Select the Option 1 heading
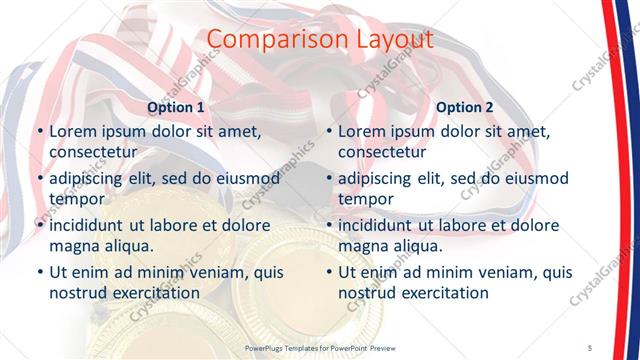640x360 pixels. [x=176, y=107]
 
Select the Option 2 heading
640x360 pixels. [x=465, y=107]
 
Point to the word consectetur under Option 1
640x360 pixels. [x=93, y=152]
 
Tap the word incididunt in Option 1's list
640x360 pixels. [x=91, y=225]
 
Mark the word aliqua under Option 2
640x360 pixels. [x=417, y=246]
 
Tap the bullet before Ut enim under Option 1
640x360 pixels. [x=38, y=273]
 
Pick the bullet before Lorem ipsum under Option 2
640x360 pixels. [x=327, y=131]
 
